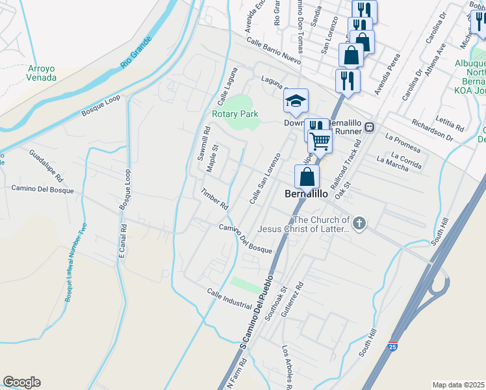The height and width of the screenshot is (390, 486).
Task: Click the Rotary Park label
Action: pos(235,114)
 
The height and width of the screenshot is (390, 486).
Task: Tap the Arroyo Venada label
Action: pos(42,73)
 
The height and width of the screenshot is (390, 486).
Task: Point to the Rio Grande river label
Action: pos(136,53)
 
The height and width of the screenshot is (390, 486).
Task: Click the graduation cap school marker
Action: pos(296,101)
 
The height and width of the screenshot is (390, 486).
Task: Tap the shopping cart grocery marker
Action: pos(319,140)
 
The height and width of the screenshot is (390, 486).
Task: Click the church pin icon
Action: pos(358,224)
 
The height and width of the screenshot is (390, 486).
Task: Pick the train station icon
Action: pos(369,127)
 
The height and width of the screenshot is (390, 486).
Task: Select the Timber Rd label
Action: pos(215,199)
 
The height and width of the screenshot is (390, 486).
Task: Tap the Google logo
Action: pos(21,382)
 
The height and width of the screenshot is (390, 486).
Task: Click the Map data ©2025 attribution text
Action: pos(459,385)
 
